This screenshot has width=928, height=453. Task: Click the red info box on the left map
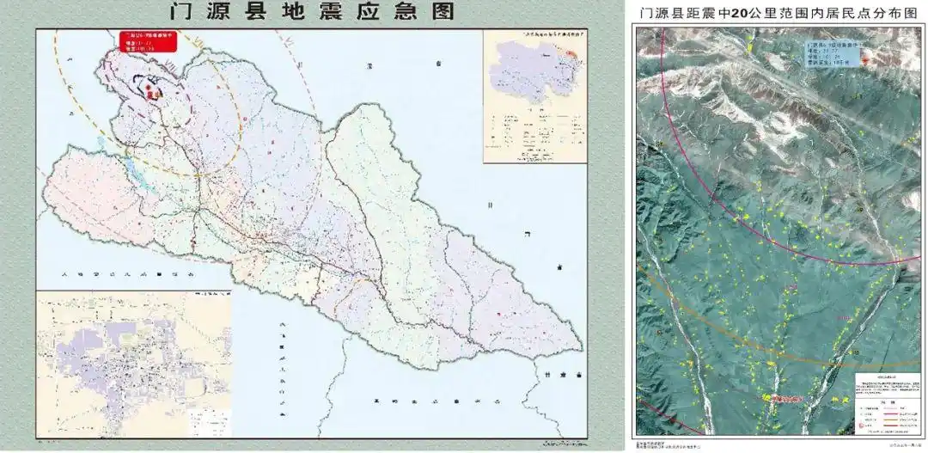[x=147, y=43]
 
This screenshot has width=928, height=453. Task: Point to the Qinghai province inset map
[x=534, y=96]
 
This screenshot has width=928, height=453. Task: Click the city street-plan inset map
[x=133, y=364]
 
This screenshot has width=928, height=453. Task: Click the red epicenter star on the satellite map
[x=864, y=59]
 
